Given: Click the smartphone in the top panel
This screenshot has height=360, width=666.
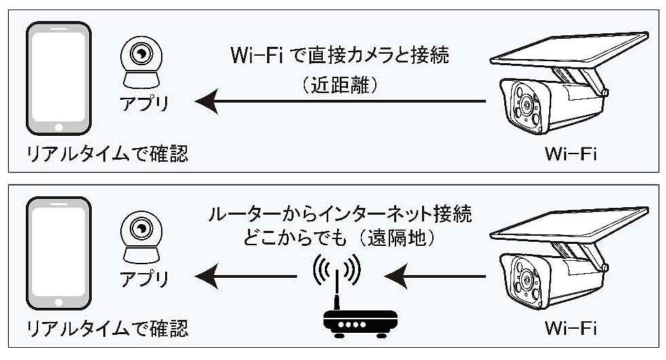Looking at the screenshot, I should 58,79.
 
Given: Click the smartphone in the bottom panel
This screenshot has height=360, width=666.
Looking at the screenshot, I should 58,253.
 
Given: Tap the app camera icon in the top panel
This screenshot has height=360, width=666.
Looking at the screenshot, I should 142,60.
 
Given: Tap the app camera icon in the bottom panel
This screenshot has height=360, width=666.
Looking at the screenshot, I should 142,235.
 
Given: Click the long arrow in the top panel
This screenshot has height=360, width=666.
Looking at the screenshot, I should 340,102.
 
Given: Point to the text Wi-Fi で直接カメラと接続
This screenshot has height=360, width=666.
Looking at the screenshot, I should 340,56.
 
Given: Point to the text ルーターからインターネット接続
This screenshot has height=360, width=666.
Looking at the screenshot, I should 340,216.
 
